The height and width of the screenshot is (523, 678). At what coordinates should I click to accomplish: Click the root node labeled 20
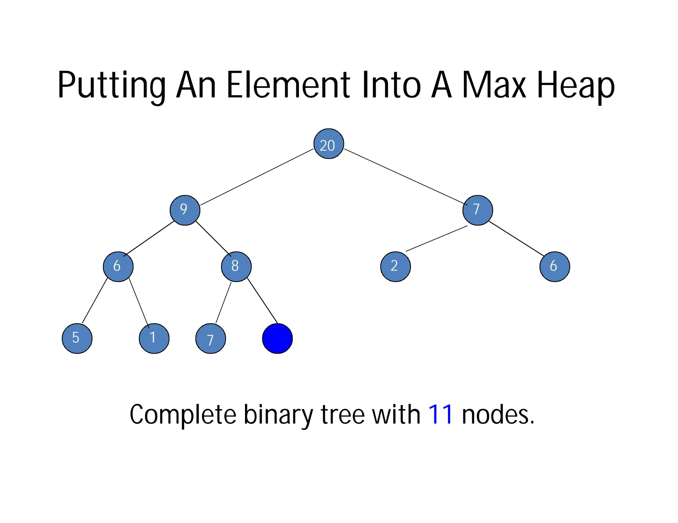tap(328, 144)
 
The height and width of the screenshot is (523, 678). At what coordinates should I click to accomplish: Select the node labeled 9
tap(185, 210)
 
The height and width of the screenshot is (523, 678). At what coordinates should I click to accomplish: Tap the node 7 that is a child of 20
tap(477, 210)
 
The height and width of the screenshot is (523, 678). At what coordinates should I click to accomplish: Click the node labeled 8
tap(236, 266)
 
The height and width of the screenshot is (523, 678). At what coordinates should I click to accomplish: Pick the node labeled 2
tap(395, 266)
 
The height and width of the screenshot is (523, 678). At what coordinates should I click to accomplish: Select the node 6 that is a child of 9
tap(118, 266)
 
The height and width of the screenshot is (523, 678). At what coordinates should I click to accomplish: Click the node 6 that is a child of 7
tap(555, 266)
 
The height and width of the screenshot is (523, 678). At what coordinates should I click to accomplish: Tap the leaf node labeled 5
tap(77, 338)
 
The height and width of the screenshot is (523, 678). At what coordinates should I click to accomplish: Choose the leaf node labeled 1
tap(154, 338)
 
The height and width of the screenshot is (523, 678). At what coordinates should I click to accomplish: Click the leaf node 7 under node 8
tap(211, 339)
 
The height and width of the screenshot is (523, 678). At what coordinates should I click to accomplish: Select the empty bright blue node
tap(277, 339)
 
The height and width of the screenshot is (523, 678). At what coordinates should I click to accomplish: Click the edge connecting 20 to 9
tap(257, 177)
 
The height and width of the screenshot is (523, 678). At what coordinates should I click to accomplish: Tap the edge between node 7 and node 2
tap(436, 239)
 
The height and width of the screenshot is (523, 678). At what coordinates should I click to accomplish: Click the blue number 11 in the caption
tap(440, 415)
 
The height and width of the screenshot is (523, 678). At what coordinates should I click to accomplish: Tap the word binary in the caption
tap(278, 415)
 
